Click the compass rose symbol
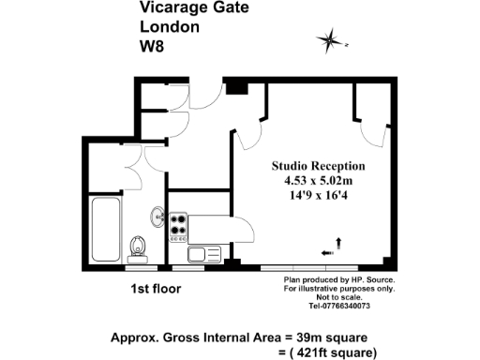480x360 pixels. point(330,39)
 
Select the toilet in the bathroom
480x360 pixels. point(140,246)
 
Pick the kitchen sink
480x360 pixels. point(202,253)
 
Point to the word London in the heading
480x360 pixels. point(169,26)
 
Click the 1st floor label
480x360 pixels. point(156,289)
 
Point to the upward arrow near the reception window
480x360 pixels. point(337,244)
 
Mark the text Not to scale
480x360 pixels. point(338,297)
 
